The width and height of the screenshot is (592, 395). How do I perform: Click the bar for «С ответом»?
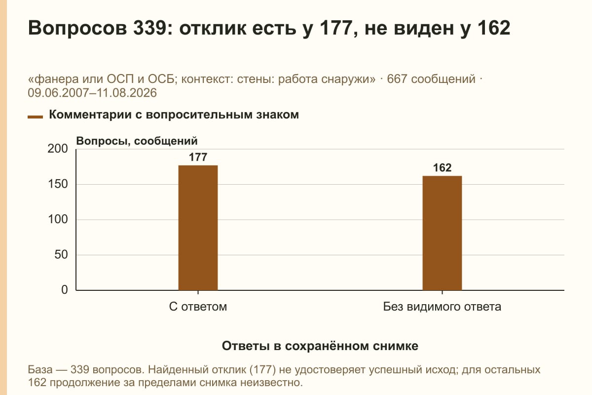click(198, 228)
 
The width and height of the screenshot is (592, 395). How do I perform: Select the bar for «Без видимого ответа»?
click(442, 233)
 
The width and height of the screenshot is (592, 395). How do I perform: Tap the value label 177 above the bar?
click(198, 157)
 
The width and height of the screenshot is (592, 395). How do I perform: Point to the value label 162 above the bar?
click(442, 168)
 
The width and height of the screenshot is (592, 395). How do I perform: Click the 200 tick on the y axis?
click(58, 149)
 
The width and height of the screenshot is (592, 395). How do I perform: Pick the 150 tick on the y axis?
click(58, 184)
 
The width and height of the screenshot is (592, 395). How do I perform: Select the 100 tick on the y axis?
click(58, 219)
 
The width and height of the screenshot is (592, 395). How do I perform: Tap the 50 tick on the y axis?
click(61, 255)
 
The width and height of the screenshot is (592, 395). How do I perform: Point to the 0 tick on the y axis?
click(65, 290)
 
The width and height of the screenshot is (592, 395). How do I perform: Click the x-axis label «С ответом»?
click(198, 307)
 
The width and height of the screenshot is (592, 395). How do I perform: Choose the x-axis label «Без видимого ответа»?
click(442, 307)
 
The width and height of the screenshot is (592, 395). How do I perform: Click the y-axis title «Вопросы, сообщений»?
click(137, 141)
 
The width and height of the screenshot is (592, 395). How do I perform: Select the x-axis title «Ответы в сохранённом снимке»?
click(320, 346)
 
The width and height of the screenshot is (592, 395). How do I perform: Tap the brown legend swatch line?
click(35, 117)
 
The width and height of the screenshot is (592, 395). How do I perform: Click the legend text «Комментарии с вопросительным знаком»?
click(174, 115)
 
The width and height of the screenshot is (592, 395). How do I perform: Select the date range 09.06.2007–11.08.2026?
click(92, 93)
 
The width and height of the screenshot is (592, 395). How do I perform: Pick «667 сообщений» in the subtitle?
click(431, 79)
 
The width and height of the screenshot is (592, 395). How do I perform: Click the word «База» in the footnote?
click(40, 370)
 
